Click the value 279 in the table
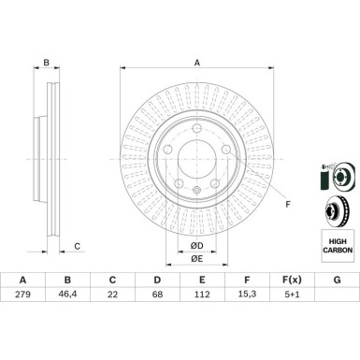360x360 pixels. (x=22, y=295)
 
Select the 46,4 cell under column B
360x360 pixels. (x=67, y=295)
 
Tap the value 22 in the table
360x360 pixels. (x=112, y=295)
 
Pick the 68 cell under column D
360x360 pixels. (x=157, y=295)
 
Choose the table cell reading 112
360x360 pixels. (x=202, y=295)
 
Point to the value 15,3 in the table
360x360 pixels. (x=247, y=295)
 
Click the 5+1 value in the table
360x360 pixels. (x=292, y=295)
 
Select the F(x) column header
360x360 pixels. (x=292, y=280)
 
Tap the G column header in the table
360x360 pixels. (x=337, y=280)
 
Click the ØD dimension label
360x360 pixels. (x=196, y=246)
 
